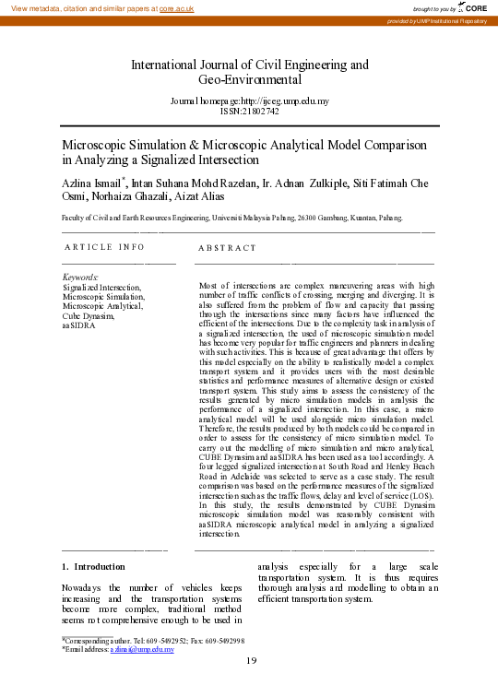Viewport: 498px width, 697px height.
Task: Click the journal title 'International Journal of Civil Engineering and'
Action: [x=250, y=65]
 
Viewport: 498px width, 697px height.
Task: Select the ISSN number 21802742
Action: [x=261, y=110]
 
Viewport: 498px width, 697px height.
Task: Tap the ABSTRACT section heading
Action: [x=227, y=248]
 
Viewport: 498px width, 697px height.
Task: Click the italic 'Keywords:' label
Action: [x=80, y=278]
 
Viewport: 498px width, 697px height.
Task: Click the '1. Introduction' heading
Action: [x=92, y=566]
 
